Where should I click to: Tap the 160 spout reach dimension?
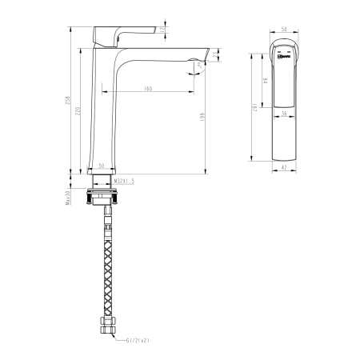click(148, 88)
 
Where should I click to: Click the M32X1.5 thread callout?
click(123, 181)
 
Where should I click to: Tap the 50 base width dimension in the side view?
click(102, 166)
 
